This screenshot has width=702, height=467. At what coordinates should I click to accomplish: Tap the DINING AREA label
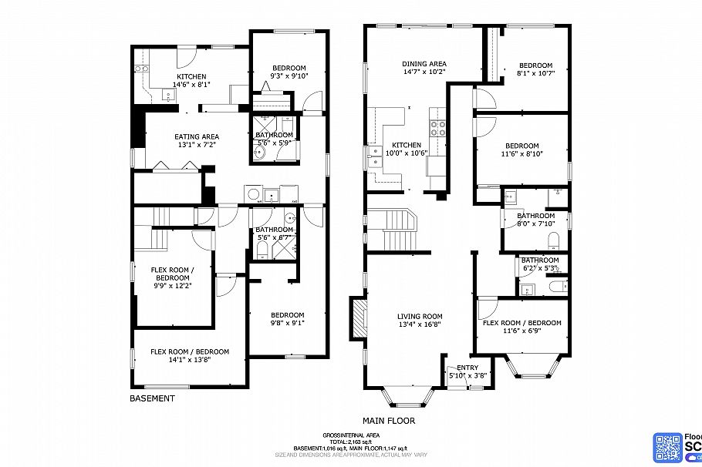pyautogui.click(x=424, y=64)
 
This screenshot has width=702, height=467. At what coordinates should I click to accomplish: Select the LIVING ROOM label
pyautogui.click(x=420, y=316)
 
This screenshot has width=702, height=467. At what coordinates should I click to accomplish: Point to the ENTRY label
pyautogui.click(x=467, y=368)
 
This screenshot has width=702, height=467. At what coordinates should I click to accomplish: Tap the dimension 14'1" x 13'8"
pyautogui.click(x=179, y=359)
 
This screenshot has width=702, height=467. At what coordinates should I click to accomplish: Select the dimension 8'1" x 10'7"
pyautogui.click(x=535, y=73)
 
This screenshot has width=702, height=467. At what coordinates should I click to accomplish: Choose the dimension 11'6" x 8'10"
pyautogui.click(x=521, y=153)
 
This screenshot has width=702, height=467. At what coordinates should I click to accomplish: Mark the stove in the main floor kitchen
pyautogui.click(x=438, y=129)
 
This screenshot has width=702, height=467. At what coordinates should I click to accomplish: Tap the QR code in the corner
pyautogui.click(x=668, y=448)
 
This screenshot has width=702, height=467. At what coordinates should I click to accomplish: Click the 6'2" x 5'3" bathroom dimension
pyautogui.click(x=539, y=268)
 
